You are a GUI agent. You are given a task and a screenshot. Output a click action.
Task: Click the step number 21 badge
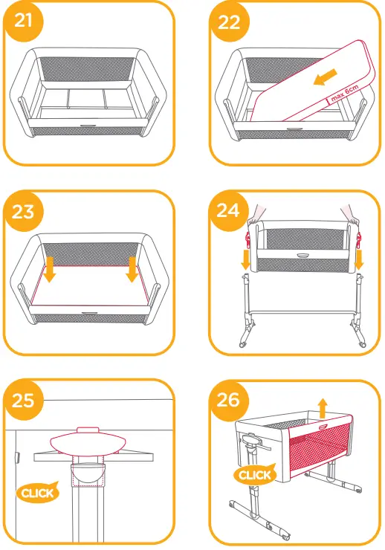[x=24, y=22]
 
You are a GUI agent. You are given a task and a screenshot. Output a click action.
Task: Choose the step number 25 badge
[x=24, y=401]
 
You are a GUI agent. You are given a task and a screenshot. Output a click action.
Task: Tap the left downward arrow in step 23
[x=49, y=269]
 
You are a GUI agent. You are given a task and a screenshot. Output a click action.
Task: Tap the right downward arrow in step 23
[x=133, y=269]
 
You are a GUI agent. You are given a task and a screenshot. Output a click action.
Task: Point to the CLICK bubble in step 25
[x=37, y=492]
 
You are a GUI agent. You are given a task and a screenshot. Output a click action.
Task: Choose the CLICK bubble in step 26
[x=254, y=474]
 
